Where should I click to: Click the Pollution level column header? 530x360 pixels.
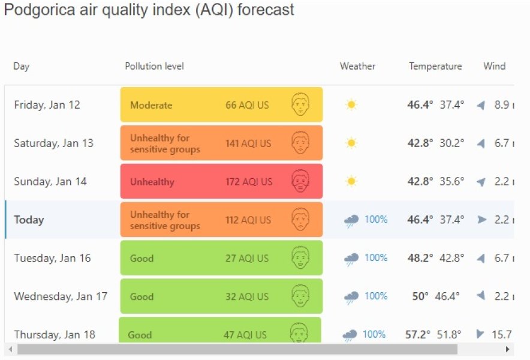point(154,66)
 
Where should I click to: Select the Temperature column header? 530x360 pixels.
point(435,66)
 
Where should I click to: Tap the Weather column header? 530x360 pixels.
point(357,66)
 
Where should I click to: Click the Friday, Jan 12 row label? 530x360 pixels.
point(47,105)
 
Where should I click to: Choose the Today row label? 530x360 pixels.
point(29,220)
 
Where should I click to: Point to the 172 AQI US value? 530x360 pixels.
point(249,182)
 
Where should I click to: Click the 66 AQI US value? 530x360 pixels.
point(247,105)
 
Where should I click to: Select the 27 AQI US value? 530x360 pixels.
point(247,259)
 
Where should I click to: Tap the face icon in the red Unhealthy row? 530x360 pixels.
point(300,181)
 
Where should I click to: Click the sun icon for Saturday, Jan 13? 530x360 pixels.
point(351,143)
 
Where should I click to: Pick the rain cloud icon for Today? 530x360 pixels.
point(351,220)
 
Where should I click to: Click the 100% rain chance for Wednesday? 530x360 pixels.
point(376,296)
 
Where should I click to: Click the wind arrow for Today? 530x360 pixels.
point(481,220)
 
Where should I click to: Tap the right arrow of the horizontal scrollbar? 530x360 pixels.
point(508,349)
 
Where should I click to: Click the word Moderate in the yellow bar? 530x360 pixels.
point(151,105)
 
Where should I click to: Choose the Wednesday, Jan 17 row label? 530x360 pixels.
point(61,296)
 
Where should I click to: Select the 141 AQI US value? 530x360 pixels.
point(248,143)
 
